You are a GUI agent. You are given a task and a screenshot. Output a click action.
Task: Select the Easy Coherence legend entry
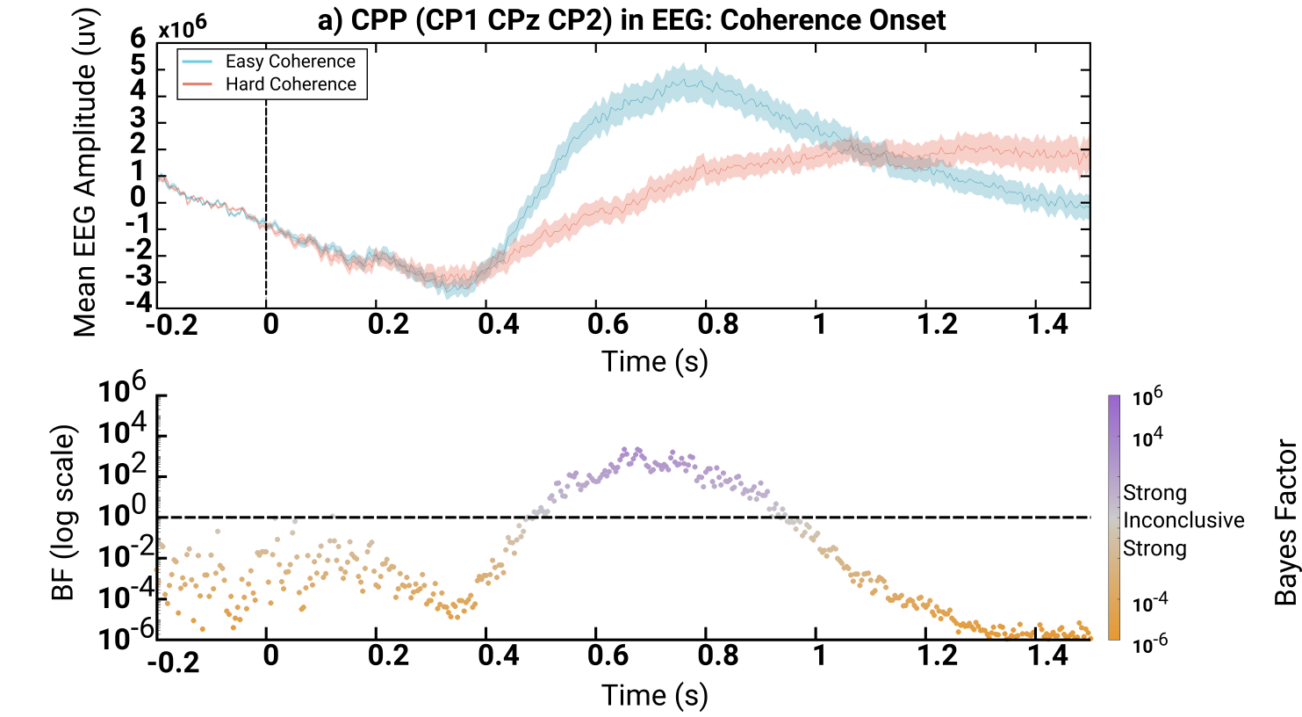(290, 62)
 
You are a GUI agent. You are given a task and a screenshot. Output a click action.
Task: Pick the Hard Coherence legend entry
(290, 84)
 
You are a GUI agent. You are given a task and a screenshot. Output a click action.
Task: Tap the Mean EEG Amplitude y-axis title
(85, 172)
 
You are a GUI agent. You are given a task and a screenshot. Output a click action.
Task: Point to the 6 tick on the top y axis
(138, 39)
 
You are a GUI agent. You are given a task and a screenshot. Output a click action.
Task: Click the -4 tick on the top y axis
(138, 303)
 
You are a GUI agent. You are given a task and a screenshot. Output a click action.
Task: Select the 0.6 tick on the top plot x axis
(608, 324)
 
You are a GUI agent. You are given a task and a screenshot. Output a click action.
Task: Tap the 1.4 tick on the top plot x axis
(1047, 324)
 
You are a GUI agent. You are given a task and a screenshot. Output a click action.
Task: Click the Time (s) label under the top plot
(654, 361)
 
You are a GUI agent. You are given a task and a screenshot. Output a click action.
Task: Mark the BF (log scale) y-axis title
(63, 514)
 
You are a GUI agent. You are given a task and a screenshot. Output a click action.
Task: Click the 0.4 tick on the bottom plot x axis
(499, 655)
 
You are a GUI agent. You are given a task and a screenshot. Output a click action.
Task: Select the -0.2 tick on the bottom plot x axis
(173, 663)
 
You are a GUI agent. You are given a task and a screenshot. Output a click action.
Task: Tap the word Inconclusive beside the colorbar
(1183, 520)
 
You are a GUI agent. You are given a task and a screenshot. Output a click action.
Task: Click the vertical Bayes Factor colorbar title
(1285, 524)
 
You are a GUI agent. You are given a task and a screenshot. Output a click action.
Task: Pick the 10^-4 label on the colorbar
(1150, 604)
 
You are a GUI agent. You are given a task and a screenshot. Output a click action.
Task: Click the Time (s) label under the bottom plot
(654, 695)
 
